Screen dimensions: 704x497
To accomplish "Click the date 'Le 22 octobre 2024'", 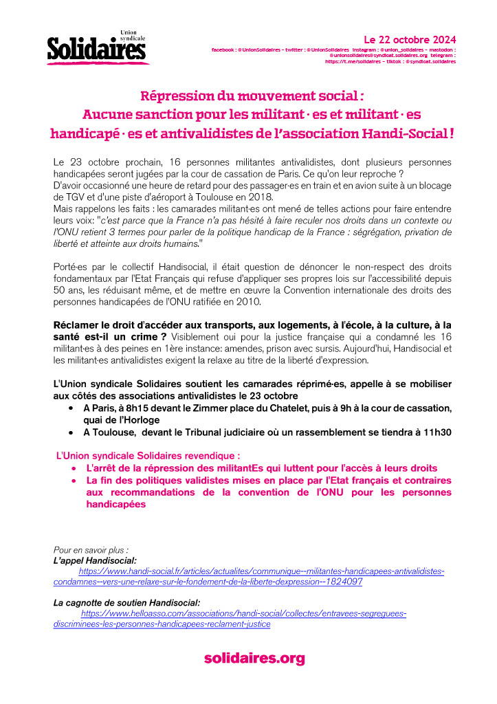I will pos(409,39).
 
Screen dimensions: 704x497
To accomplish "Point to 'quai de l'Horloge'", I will pos(121,419).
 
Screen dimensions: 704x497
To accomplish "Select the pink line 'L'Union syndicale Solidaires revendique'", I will pos(147,455).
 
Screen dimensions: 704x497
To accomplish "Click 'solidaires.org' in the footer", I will pos(254,658).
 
